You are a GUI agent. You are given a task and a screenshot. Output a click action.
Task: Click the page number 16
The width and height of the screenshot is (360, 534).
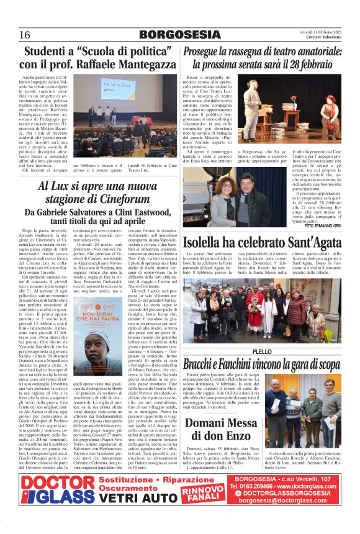(25, 34)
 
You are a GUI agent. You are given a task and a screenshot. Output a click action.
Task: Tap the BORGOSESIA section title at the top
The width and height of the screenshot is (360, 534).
(179, 34)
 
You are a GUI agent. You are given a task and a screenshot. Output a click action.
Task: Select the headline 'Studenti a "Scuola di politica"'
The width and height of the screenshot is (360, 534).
(97, 51)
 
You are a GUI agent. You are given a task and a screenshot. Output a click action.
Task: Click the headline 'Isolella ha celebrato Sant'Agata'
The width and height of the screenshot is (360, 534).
(261, 242)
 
